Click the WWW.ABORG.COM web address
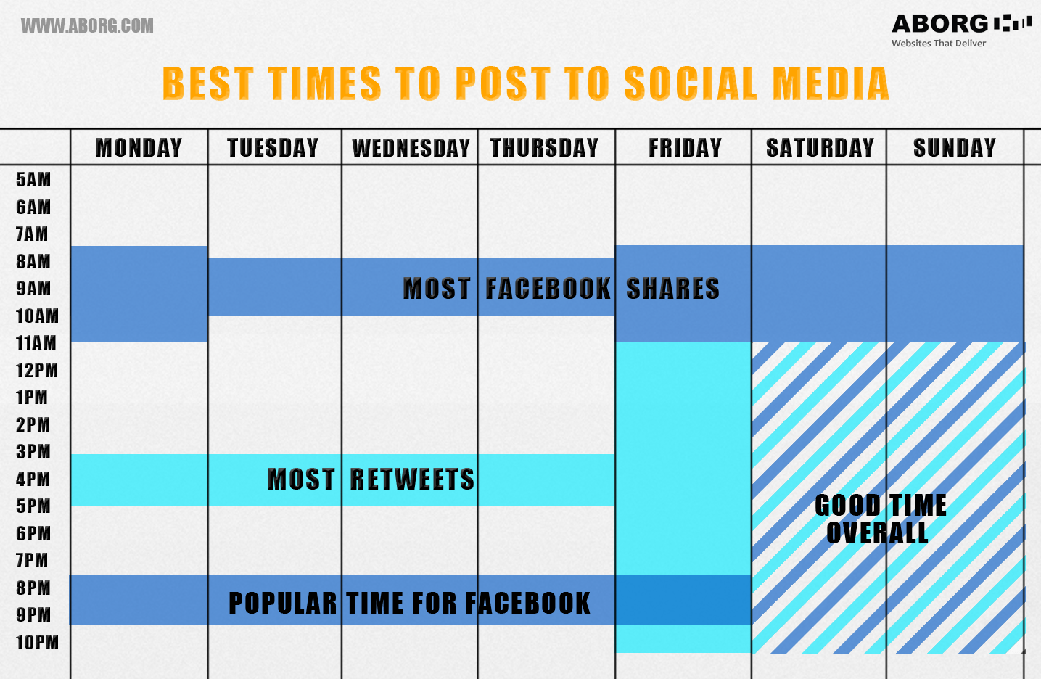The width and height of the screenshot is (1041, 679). (x=87, y=25)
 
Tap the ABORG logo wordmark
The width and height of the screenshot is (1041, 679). (x=939, y=24)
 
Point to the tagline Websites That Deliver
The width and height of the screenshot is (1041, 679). (x=938, y=44)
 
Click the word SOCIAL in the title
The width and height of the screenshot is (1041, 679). (x=691, y=83)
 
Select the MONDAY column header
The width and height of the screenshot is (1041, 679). (x=139, y=148)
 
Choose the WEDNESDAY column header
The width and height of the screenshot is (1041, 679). (x=411, y=148)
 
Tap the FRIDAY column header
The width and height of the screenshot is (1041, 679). (x=685, y=148)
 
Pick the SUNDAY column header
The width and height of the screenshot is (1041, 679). (x=955, y=148)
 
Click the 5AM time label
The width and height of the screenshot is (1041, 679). (x=33, y=180)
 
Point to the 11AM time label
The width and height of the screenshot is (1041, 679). (x=36, y=343)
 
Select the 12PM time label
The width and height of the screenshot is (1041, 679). (x=37, y=371)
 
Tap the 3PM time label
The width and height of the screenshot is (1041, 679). (x=33, y=452)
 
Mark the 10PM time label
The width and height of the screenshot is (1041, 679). (x=37, y=643)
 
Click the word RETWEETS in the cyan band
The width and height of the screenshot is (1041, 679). (x=412, y=480)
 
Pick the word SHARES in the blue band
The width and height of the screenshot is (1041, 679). (x=672, y=289)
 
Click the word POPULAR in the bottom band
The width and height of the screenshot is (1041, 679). (x=283, y=604)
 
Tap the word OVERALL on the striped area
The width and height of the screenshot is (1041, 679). (x=877, y=532)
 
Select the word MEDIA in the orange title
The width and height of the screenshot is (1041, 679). (x=831, y=83)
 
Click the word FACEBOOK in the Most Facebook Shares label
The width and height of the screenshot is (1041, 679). (x=548, y=289)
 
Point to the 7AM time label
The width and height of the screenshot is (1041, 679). (x=32, y=234)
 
